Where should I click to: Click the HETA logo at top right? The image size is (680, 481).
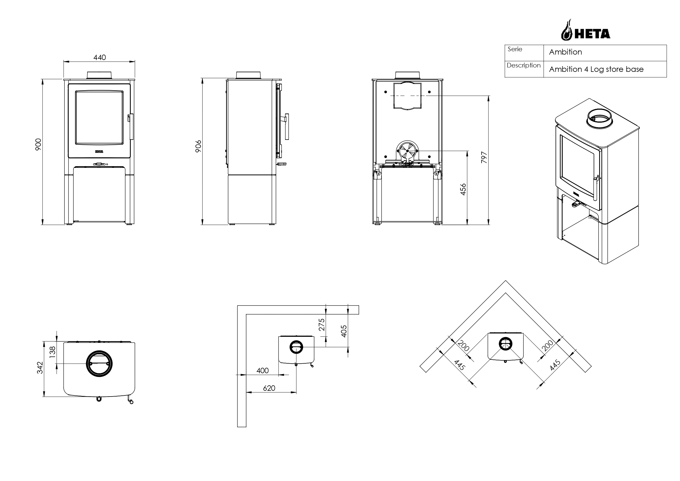coord(585,30)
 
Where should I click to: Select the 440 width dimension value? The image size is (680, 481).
coord(99,58)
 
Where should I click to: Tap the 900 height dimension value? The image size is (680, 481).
coord(38,144)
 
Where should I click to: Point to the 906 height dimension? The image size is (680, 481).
coord(198,146)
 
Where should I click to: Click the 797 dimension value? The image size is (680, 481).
coord(484,157)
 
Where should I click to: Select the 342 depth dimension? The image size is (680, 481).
coord(40,368)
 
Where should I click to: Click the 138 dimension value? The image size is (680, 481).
coord(52,352)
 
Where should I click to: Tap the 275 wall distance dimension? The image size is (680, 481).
coord(322,325)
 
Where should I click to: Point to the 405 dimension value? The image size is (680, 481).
coord(343,331)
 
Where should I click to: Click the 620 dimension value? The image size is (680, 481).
coord(269,388)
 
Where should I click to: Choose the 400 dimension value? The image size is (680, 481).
coord(262,370)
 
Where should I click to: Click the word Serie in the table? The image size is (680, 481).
coord(515,49)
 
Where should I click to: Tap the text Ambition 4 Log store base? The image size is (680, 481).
coord(596,69)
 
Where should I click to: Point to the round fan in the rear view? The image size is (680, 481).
coord(407,151)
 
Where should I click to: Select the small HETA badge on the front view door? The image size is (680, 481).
coord(99,151)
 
